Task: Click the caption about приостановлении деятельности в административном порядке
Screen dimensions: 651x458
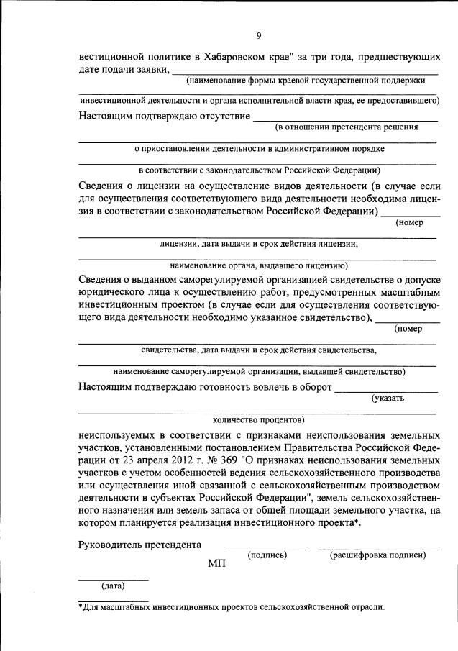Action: click(260, 149)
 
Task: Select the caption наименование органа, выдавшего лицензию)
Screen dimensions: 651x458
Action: click(260, 265)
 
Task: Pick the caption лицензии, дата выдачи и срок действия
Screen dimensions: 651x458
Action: click(260, 243)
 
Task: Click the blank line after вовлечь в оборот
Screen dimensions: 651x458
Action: click(386, 391)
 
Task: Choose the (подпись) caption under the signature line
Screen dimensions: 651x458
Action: click(267, 555)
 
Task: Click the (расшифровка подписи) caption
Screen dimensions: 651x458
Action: click(377, 555)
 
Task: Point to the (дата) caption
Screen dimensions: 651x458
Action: click(114, 586)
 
